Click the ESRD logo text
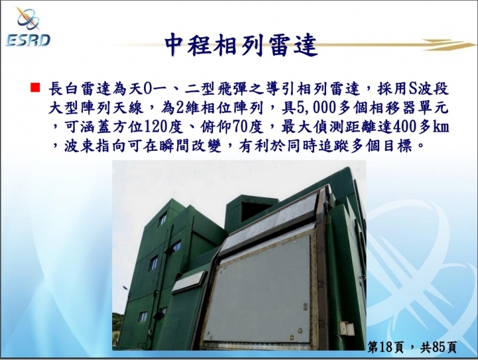tap(28, 40)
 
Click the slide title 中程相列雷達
tap(241, 46)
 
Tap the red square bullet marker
tap(35, 87)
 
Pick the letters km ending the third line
tap(441, 128)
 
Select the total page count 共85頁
tap(438, 347)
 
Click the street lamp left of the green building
tap(125, 288)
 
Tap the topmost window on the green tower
tap(163, 220)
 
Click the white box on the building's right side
tap(347, 329)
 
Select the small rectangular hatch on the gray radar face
tap(305, 308)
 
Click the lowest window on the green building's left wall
tap(143, 316)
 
